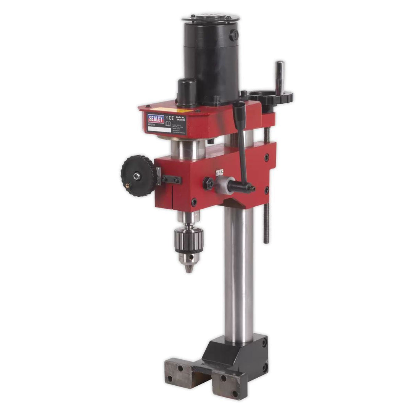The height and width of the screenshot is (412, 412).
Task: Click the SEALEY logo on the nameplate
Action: pos(156,119)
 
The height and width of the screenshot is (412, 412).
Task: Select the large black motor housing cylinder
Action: pos(212,61)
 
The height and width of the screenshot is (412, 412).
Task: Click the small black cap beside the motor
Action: pos(187,92)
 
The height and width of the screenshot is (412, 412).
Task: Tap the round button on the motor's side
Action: pos(233,35)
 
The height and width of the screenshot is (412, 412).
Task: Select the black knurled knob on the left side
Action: pos(138,175)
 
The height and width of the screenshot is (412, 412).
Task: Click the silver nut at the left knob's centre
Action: pos(137,176)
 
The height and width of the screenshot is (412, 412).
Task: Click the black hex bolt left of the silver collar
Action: pos(208,183)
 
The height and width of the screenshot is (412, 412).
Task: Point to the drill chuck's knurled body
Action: pos(189,240)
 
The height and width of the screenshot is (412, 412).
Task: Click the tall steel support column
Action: pos(239,275)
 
